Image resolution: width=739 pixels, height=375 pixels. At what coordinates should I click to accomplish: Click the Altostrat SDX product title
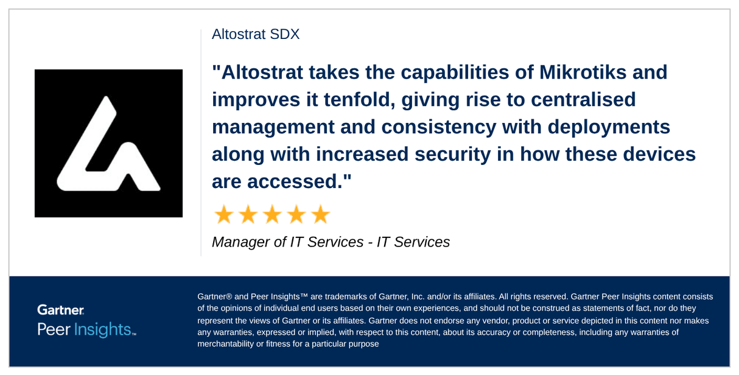tap(256, 34)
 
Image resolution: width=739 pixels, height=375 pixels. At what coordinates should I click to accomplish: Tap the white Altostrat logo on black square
tap(108, 144)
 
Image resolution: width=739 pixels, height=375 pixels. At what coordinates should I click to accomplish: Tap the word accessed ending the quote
tap(295, 181)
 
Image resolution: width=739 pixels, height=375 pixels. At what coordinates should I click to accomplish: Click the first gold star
tap(223, 215)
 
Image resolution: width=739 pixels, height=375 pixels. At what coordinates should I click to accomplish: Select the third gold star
tap(271, 215)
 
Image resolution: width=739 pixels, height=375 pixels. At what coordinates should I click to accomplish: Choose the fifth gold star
tap(320, 215)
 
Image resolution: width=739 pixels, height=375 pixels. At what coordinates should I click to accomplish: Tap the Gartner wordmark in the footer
tap(60, 310)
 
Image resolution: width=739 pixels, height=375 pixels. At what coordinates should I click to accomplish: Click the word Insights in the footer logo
tap(103, 329)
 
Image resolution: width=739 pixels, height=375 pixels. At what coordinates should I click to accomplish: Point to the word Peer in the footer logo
tap(54, 329)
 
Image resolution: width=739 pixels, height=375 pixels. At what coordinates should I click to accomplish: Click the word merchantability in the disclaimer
tap(225, 344)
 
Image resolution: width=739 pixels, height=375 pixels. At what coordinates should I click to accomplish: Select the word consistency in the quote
tap(440, 127)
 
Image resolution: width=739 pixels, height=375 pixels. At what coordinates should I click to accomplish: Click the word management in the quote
tap(273, 127)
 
